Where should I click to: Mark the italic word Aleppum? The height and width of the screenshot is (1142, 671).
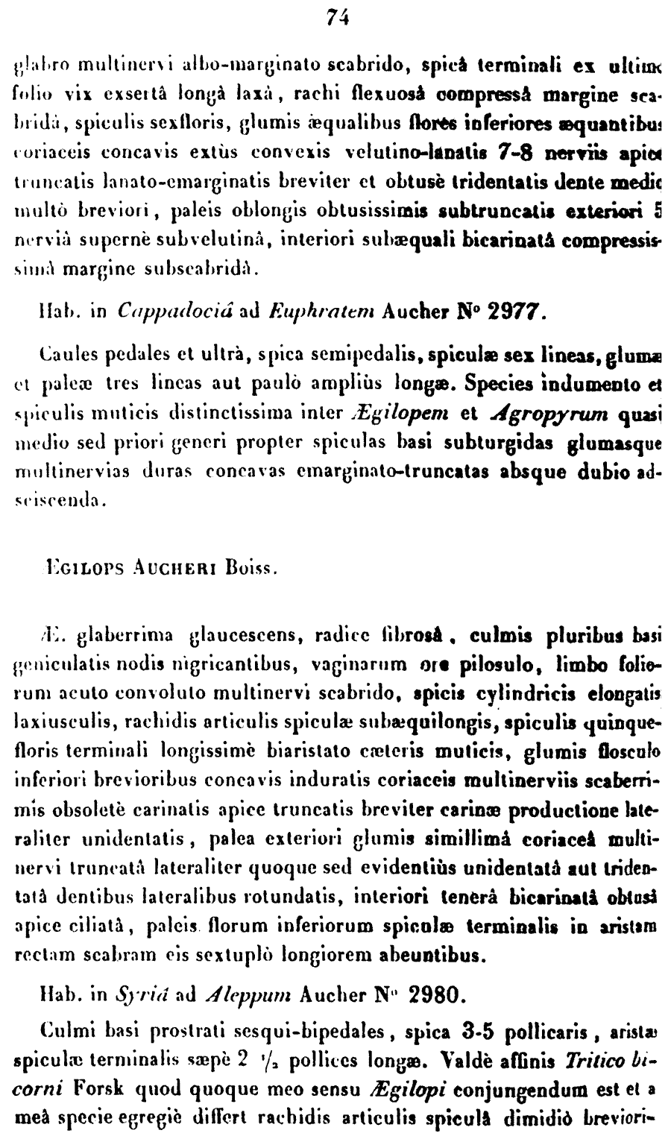pos(245,994)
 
